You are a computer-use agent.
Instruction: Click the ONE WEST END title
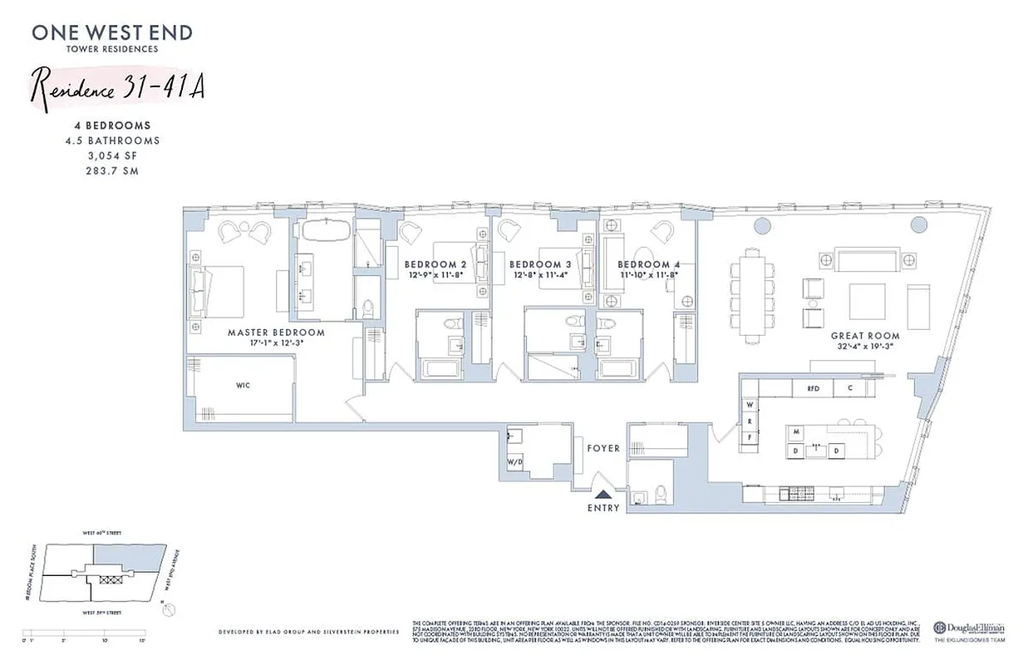coord(112,33)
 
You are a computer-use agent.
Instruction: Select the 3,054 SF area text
coord(112,155)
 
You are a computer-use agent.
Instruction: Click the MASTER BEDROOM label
coord(276,332)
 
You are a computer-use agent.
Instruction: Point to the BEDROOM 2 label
coord(435,264)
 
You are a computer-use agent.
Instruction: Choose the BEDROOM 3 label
coord(539,264)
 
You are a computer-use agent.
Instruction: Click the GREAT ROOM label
coord(864,337)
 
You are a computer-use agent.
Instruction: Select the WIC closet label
coord(243,386)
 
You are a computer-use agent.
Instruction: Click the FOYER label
coord(603,448)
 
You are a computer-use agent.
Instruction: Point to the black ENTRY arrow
coord(603,495)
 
